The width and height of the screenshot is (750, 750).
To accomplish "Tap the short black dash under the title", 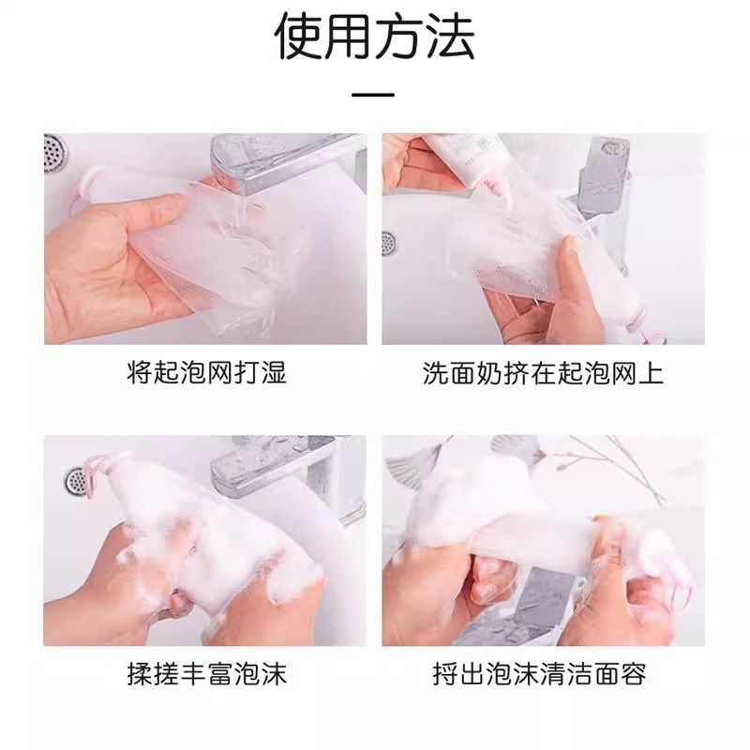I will [374, 95].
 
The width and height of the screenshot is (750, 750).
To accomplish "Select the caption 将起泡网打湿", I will [205, 373].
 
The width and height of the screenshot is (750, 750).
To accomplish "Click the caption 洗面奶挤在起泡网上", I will [543, 373].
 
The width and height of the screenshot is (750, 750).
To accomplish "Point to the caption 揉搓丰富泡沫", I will [205, 673].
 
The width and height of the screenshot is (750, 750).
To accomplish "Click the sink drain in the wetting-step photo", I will [53, 152].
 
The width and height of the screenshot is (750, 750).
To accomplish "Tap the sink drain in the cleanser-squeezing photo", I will [388, 242].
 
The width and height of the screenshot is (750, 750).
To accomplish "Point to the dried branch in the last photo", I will [609, 464].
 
